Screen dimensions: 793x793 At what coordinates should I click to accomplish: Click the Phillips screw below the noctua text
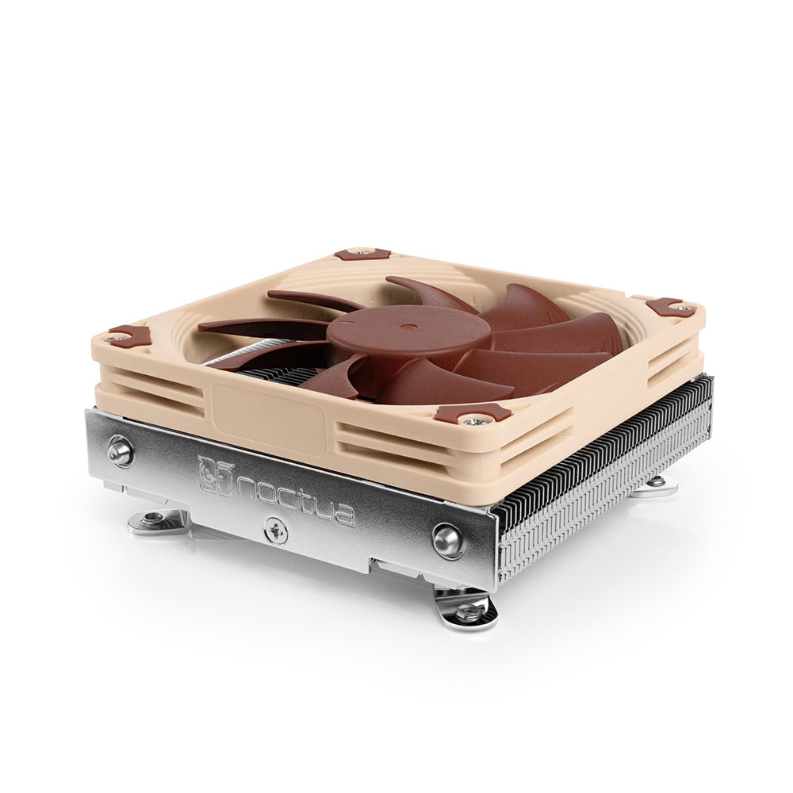pyautogui.click(x=276, y=529)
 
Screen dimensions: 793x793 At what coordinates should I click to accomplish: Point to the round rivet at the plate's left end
pyautogui.click(x=121, y=450)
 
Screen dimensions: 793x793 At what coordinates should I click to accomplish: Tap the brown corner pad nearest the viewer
pyautogui.click(x=473, y=414)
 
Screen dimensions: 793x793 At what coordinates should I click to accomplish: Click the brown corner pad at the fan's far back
pyautogui.click(x=362, y=253)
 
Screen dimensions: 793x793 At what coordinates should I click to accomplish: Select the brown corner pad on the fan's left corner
pyautogui.click(x=128, y=336)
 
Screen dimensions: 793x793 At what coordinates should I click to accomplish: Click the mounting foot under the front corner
pyautogui.click(x=466, y=609)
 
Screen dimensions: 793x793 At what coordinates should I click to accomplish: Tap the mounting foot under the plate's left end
pyautogui.click(x=157, y=521)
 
